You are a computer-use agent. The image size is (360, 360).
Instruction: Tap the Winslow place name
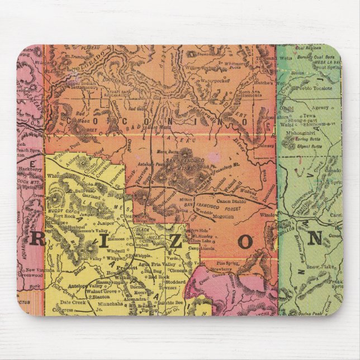[x=269, y=215]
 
